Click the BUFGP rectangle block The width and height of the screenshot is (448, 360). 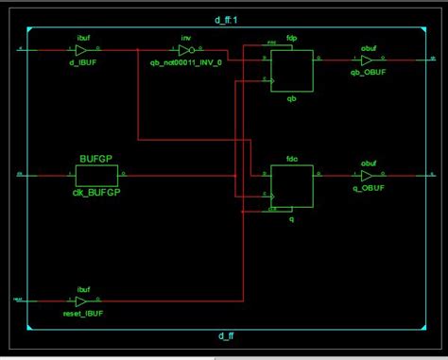click(96, 175)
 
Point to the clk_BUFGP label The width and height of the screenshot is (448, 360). click(96, 192)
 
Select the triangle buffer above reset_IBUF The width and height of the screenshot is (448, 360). click(83, 300)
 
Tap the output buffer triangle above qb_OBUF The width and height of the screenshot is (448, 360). click(368, 59)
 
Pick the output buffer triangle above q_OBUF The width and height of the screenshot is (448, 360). click(368, 175)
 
